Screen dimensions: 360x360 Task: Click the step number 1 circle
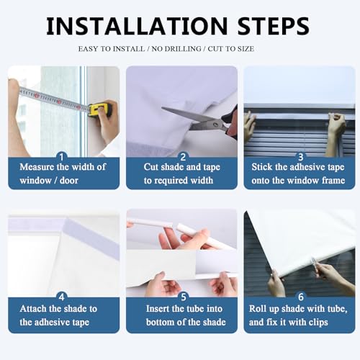(x=63, y=156)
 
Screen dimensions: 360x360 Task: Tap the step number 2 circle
(x=182, y=156)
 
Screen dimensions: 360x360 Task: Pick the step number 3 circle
(x=300, y=156)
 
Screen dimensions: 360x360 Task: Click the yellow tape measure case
(x=98, y=109)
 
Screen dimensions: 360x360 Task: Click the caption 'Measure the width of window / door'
(x=63, y=174)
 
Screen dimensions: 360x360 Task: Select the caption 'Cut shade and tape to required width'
(x=181, y=174)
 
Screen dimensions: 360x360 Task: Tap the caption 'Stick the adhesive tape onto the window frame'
(x=300, y=174)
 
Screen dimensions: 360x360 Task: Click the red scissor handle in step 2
(x=230, y=122)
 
